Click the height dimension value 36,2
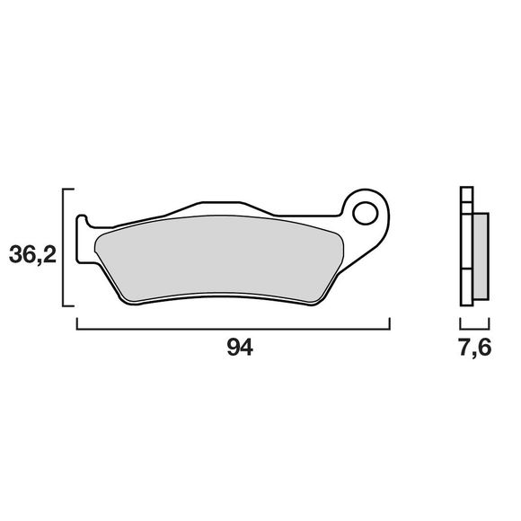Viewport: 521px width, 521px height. pos(32,255)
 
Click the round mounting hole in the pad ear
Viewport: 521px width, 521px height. pos(366,214)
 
